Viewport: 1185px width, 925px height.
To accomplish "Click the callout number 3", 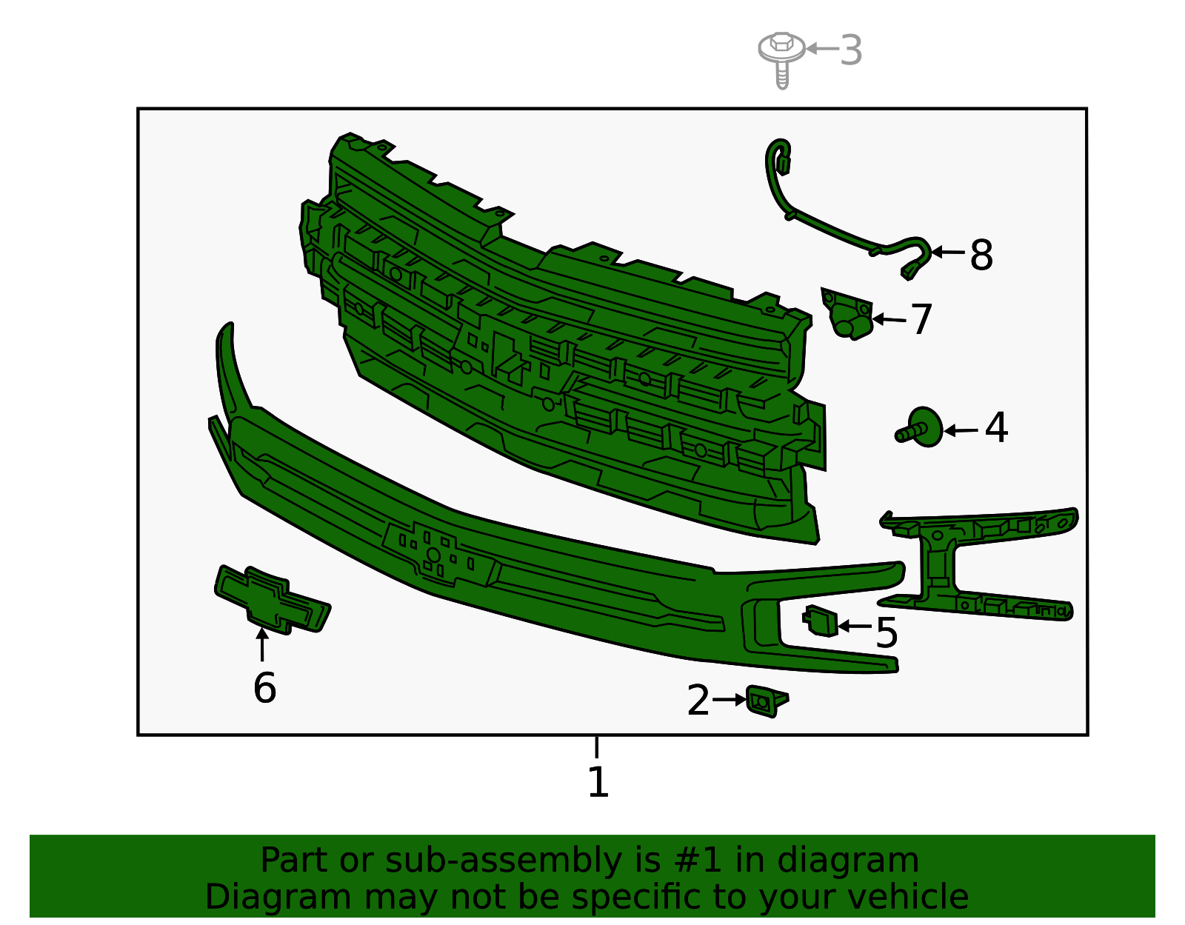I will tap(852, 50).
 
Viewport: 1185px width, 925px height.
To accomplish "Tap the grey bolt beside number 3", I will tap(781, 55).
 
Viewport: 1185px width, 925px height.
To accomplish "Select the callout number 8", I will tap(981, 256).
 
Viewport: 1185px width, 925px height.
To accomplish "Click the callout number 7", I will tap(921, 319).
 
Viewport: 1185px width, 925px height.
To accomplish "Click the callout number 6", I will tap(264, 688).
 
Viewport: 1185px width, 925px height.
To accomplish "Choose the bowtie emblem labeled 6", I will tap(272, 600).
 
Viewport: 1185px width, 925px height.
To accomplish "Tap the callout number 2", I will tap(698, 701).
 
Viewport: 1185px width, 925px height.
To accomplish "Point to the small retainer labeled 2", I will tap(765, 701).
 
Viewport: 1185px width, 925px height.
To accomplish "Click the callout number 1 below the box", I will tap(598, 782).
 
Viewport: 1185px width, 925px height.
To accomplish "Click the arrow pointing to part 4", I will tap(961, 430).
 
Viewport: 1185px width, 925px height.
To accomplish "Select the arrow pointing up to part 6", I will tap(261, 644).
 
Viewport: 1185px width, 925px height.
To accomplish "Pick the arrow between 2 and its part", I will tap(730, 699).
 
